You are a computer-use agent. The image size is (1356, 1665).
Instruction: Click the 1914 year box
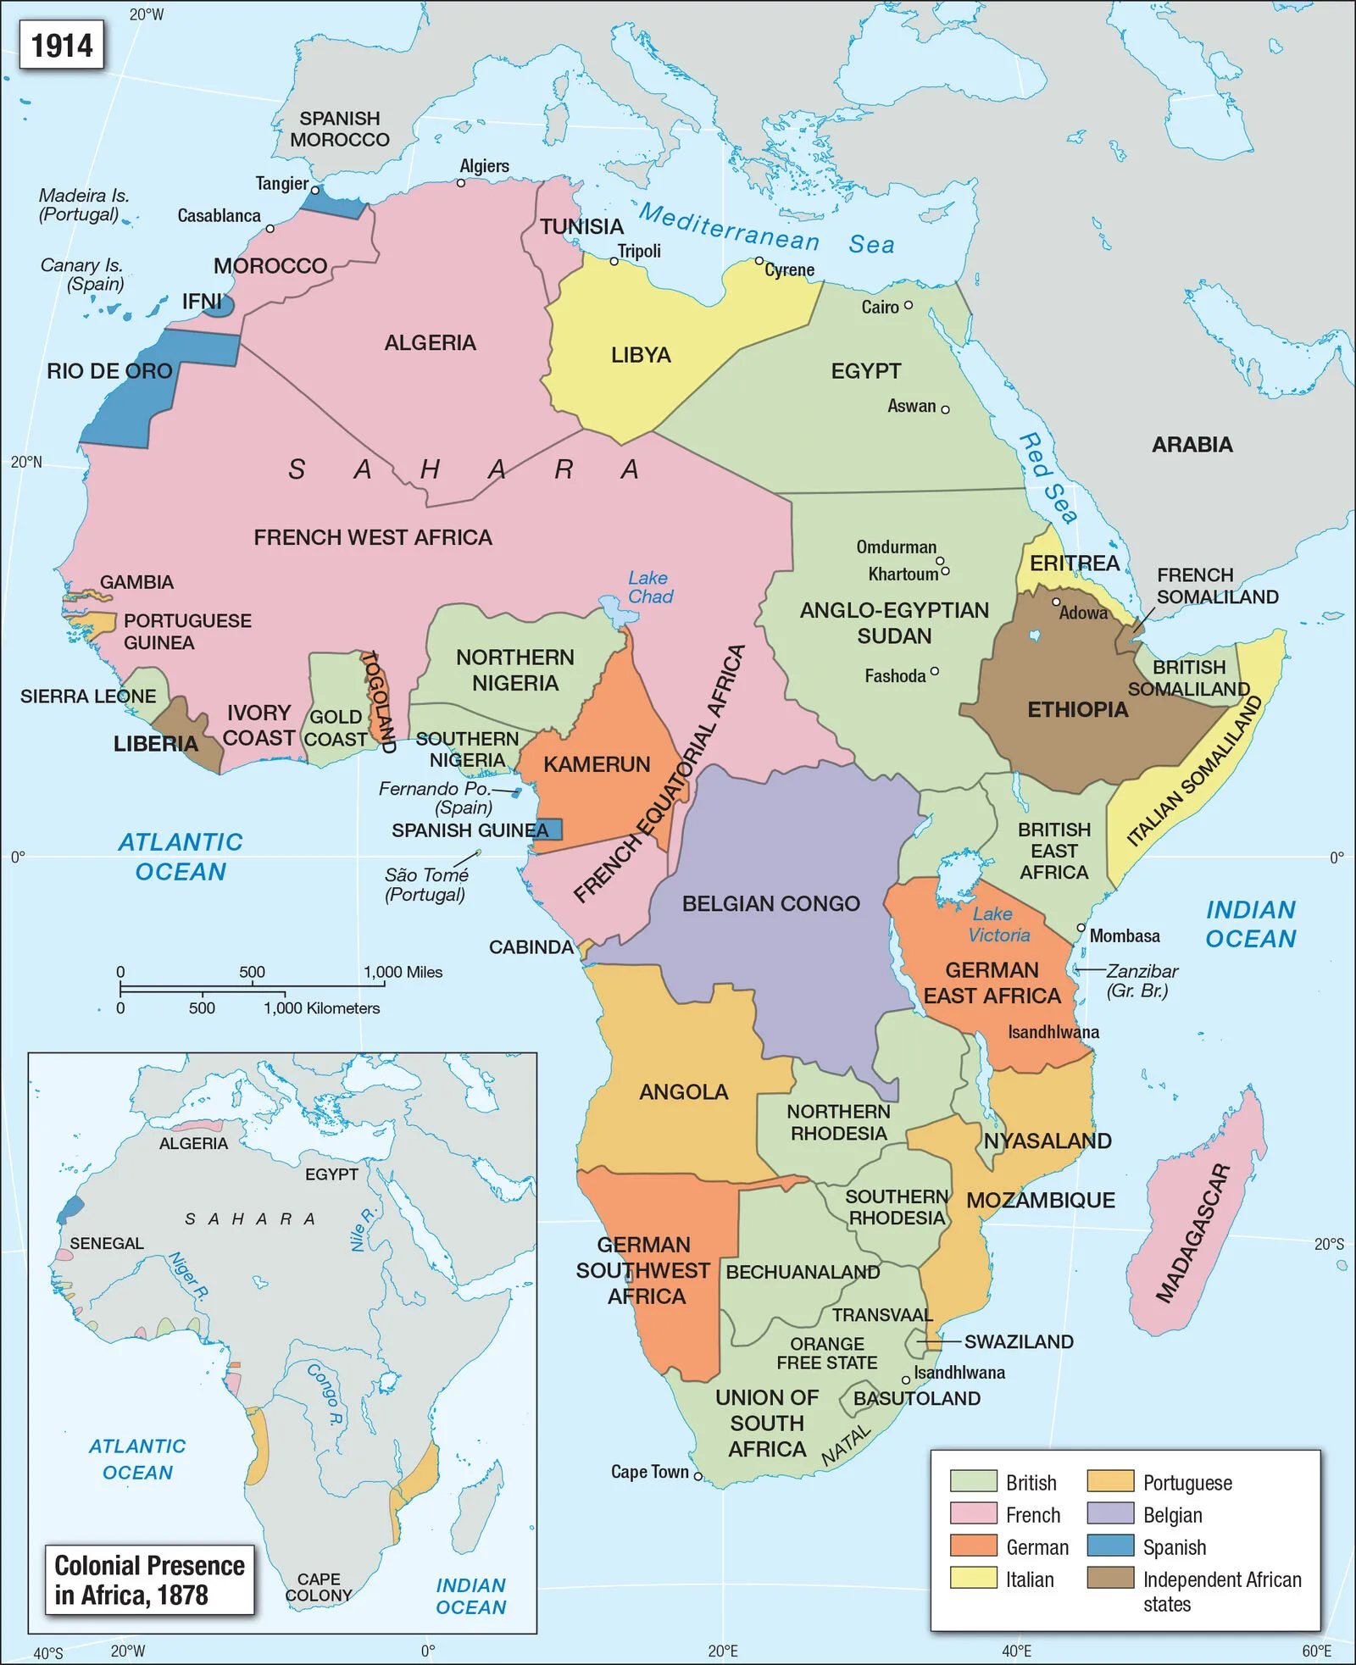pyautogui.click(x=62, y=45)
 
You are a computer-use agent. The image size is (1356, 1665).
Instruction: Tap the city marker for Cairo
pyautogui.click(x=908, y=305)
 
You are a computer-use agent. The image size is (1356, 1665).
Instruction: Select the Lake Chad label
pyautogui.click(x=650, y=587)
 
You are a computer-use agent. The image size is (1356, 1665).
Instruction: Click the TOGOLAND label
pyautogui.click(x=378, y=701)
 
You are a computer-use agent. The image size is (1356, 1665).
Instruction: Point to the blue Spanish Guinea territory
pyautogui.click(x=548, y=829)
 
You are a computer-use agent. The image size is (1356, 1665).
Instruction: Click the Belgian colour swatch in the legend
pyautogui.click(x=1110, y=1513)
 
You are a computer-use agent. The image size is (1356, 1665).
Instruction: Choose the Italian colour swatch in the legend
pyautogui.click(x=973, y=1578)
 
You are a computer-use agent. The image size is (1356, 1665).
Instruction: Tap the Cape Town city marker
pyautogui.click(x=698, y=1475)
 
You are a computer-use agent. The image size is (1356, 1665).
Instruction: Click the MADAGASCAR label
pyautogui.click(x=1192, y=1233)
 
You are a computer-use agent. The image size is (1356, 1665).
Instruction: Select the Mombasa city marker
pyautogui.click(x=1081, y=928)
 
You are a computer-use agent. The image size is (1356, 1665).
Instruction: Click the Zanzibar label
pyautogui.click(x=1141, y=980)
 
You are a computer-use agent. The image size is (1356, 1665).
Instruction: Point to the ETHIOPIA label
pyautogui.click(x=1077, y=709)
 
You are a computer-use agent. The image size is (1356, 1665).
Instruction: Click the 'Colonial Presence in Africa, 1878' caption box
pyautogui.click(x=149, y=1579)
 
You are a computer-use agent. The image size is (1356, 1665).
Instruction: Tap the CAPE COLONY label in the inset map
pyautogui.click(x=319, y=1587)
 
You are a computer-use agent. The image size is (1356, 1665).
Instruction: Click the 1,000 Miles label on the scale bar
pyautogui.click(x=403, y=972)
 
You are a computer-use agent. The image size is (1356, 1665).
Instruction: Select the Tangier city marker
pyautogui.click(x=314, y=190)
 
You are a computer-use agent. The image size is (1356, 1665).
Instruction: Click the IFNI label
pyautogui.click(x=202, y=302)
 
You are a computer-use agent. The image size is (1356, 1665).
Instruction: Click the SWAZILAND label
pyautogui.click(x=1018, y=1341)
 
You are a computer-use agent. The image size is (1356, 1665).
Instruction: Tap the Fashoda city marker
pyautogui.click(x=934, y=671)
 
